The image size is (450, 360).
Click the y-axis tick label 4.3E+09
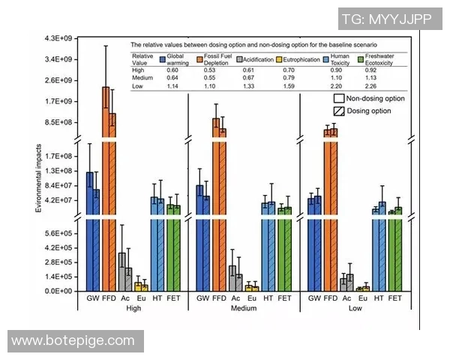[58, 38]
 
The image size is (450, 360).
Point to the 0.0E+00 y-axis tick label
[58, 291]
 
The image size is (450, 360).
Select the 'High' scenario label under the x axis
[134, 308]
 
